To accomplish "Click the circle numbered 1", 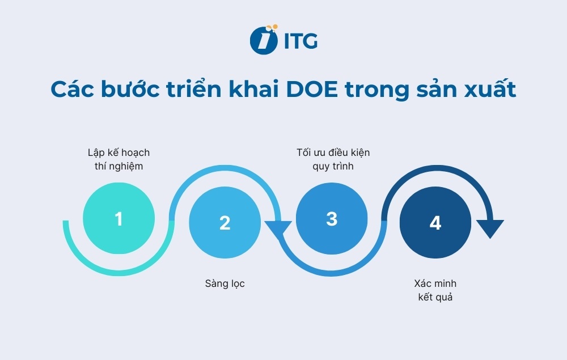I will click(119, 218).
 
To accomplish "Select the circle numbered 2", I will click(225, 222).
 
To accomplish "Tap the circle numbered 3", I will click(332, 218).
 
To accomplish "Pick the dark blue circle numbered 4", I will click(435, 222).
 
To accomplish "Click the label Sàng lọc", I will click(225, 283).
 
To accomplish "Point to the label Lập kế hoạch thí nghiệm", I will click(119, 159).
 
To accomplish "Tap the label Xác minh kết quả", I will click(435, 290).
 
